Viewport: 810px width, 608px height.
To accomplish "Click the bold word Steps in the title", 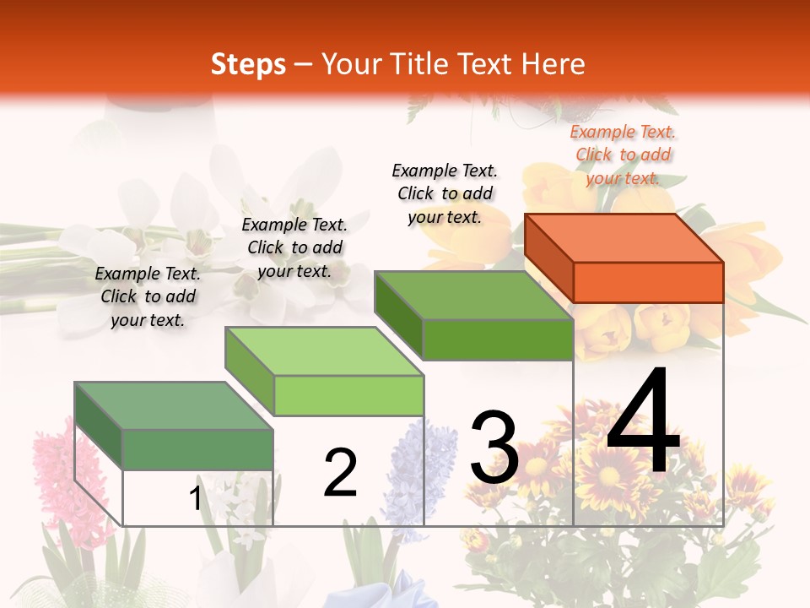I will [x=248, y=64].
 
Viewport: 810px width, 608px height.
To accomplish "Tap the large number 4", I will [x=643, y=422].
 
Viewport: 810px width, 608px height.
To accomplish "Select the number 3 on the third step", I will [x=494, y=448].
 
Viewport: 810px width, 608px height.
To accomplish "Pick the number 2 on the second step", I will [x=340, y=473].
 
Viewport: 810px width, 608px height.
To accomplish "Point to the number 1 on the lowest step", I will [x=196, y=499].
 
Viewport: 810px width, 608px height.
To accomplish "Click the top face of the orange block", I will [x=624, y=237].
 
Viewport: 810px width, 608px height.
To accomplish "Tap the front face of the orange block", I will [x=648, y=282].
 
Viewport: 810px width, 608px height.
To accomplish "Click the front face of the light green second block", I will [x=348, y=395].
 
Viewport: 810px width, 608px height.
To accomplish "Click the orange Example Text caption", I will [x=623, y=155].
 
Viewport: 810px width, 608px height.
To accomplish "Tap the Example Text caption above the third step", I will [x=445, y=193].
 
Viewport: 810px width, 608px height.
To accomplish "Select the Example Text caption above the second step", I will [x=294, y=247].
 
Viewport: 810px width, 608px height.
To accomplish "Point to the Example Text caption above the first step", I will [x=148, y=296].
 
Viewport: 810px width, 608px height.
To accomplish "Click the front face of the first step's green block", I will [x=197, y=449].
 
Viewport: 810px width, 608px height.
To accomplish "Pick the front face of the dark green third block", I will [x=498, y=339].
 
